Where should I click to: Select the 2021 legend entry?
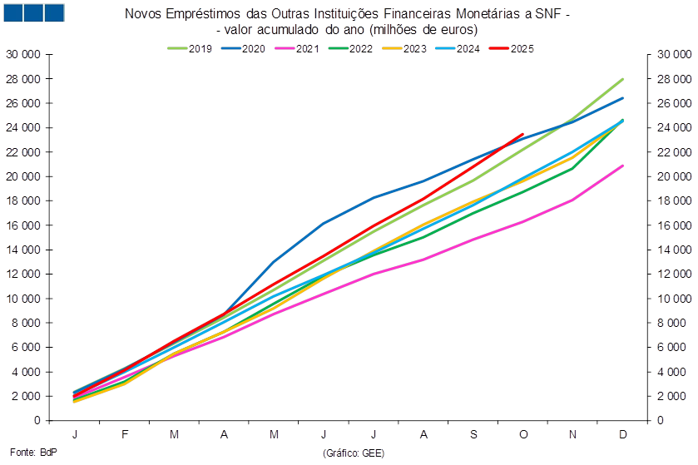point(298,48)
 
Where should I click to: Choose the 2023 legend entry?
point(405,48)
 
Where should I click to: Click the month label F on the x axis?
point(125,435)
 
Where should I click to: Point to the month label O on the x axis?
point(523,435)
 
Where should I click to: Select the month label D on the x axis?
point(623,435)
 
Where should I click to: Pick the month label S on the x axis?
point(473,435)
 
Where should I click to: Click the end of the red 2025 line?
point(523,133)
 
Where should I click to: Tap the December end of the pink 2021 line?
point(623,166)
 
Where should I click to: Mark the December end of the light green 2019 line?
point(623,79)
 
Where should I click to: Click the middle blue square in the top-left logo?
point(33,12)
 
